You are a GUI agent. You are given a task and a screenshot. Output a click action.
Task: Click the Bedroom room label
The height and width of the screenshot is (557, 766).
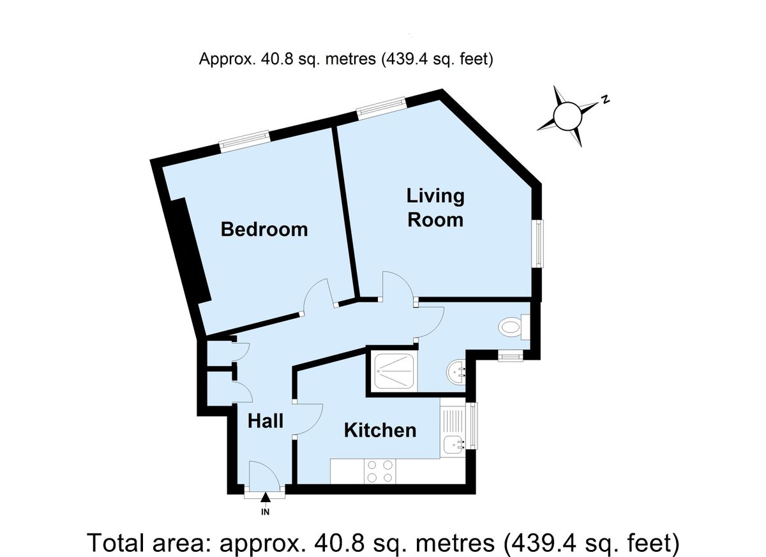tap(264, 229)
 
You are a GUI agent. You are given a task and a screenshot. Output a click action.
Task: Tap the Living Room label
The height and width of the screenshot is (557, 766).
tap(435, 207)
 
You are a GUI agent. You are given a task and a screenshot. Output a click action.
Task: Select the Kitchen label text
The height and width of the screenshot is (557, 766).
tap(380, 430)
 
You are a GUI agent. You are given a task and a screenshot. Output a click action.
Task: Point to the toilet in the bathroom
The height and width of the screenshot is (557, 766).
tap(512, 328)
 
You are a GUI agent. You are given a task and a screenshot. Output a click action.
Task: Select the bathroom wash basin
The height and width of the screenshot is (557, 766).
tap(458, 370)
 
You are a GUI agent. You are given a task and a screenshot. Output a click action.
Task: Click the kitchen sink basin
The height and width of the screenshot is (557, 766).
tap(454, 442)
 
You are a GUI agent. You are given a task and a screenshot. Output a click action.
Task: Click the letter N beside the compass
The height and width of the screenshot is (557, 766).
tap(605, 100)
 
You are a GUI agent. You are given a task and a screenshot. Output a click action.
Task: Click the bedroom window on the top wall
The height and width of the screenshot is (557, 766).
tap(244, 141)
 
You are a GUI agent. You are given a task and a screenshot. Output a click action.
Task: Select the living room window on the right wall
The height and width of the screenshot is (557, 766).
tap(539, 244)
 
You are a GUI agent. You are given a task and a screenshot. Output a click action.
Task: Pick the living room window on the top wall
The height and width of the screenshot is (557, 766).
tap(381, 107)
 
